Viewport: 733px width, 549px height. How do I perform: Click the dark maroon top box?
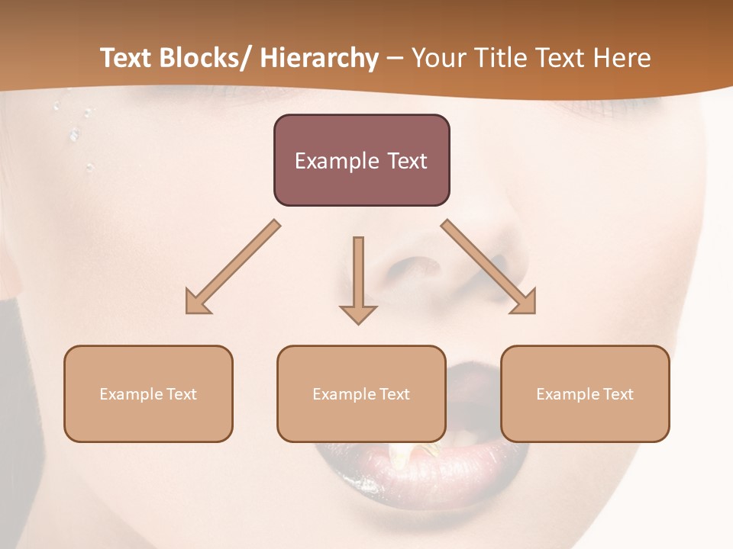point(361,160)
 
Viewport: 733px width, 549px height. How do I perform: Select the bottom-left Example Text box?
point(148,393)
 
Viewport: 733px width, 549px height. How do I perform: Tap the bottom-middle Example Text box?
point(361,393)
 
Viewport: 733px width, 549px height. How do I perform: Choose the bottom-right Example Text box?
point(585,393)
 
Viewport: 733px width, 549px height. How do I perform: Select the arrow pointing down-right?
point(489,267)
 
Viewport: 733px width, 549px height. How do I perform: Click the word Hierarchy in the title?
point(319,58)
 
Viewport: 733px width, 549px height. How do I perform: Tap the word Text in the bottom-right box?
point(618,394)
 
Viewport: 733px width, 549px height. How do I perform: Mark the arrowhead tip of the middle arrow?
point(358,323)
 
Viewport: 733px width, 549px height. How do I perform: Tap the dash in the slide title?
point(395,59)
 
